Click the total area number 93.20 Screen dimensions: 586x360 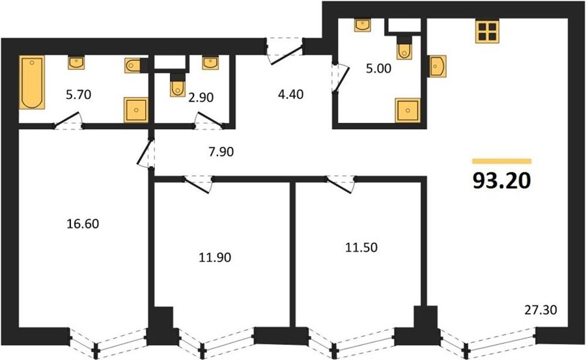(501, 181)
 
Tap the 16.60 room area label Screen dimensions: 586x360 (83, 224)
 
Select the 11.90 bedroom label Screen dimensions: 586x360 (214, 257)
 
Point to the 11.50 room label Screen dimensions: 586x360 (361, 247)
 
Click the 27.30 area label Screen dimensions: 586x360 (540, 309)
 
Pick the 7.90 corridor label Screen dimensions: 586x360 (221, 152)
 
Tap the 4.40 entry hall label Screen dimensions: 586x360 (290, 94)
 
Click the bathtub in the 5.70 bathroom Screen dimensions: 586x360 (32, 82)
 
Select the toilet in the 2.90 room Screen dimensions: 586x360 (178, 85)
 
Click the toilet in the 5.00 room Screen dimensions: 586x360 (404, 48)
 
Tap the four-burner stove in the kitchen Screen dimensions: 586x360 (487, 31)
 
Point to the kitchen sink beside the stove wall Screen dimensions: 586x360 (437, 66)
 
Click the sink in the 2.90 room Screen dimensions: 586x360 (210, 62)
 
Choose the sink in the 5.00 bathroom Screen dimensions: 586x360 (362, 25)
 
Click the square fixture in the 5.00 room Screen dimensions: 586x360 (408, 110)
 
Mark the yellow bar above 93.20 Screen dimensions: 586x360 (501, 161)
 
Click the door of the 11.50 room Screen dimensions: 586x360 (341, 184)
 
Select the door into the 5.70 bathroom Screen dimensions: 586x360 (69, 120)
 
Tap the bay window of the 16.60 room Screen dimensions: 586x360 (107, 342)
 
